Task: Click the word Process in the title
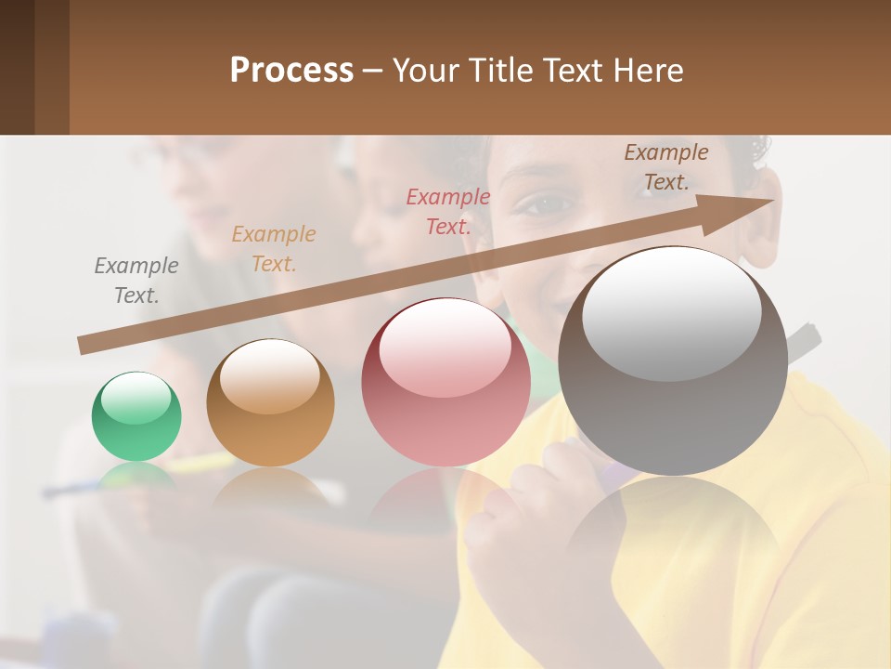point(291,70)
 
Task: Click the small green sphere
point(136,417)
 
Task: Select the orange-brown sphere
point(270,403)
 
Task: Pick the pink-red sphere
point(445,383)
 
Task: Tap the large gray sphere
point(673,362)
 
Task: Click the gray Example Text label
point(136,281)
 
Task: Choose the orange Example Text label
point(274,249)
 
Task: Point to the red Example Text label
point(448,212)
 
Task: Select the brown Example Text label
point(665,167)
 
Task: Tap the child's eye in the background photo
point(539,203)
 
